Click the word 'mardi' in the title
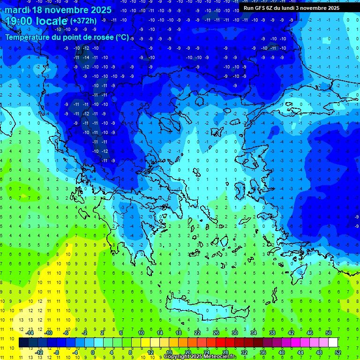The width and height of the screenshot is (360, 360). tap(16, 10)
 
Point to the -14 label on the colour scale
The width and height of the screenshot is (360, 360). tap(30, 332)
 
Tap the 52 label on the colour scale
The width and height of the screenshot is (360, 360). tap(338, 352)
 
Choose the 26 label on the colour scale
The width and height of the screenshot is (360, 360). tap(216, 332)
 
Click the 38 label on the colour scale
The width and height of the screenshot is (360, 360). tap(272, 332)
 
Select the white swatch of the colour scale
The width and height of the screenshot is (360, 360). tap(333, 343)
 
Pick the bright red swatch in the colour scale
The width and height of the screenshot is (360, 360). tap(220, 343)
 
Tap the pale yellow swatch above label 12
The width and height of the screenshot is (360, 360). tap(155, 343)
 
